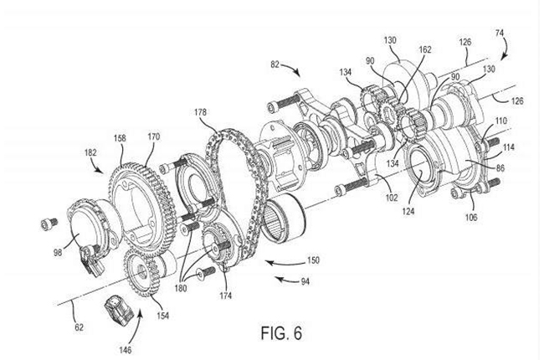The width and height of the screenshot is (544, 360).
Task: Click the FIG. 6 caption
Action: click(281, 333)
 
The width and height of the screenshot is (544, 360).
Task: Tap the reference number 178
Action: click(200, 112)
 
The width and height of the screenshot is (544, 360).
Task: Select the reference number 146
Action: click(126, 350)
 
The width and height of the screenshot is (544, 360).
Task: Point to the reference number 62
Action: click(80, 327)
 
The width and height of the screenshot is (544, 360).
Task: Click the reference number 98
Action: click(58, 252)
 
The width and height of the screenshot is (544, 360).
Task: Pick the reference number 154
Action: click(162, 316)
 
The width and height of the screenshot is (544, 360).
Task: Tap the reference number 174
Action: click(225, 296)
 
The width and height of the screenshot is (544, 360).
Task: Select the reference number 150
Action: click(313, 260)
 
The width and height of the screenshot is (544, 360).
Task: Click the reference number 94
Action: click(305, 281)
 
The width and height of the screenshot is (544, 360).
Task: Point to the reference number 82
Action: click(275, 64)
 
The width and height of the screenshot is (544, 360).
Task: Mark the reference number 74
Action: click(500, 33)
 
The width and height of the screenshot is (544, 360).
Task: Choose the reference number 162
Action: click(425, 49)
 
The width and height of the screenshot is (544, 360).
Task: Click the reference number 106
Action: click(471, 218)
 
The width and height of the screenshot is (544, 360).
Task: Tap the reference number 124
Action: click(408, 211)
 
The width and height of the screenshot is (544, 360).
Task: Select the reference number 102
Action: click(392, 198)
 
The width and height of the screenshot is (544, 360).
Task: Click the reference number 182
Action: click(90, 152)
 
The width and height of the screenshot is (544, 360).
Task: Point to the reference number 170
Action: click(154, 136)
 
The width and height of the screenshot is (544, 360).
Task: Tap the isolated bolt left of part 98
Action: click(49, 224)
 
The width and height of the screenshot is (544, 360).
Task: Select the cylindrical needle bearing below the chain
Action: click(284, 218)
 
